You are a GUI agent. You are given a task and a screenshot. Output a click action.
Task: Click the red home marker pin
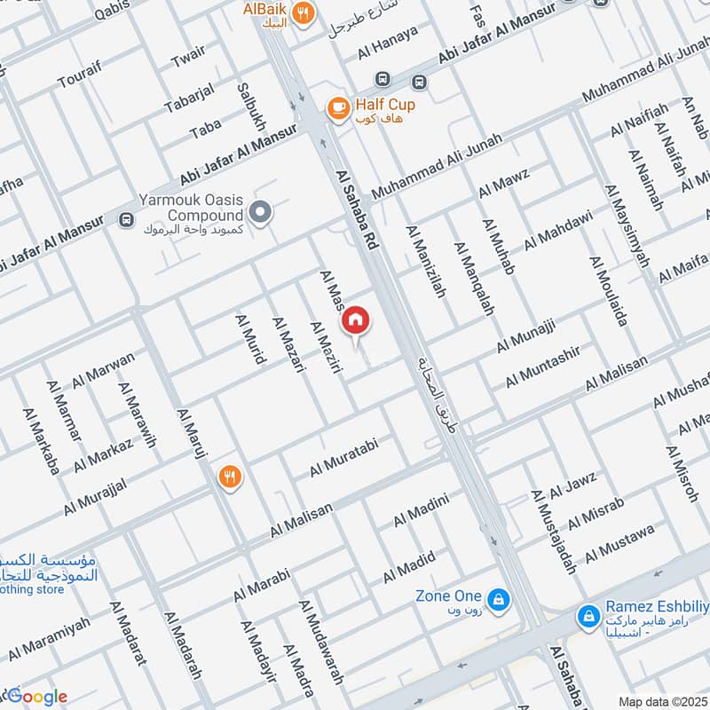(356, 320)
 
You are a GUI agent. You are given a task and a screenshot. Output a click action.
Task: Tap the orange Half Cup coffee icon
(337, 107)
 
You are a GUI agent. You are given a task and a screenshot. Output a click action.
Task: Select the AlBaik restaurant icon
(304, 13)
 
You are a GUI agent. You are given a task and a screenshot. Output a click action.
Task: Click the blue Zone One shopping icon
(498, 599)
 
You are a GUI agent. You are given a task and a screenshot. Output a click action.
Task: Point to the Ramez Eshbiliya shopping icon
(587, 614)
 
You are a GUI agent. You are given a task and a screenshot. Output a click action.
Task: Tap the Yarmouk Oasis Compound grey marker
(260, 211)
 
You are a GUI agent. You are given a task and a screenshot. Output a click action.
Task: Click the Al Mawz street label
(504, 182)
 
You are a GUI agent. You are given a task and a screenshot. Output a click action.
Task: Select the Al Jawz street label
(572, 486)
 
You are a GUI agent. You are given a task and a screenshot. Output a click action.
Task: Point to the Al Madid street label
(409, 567)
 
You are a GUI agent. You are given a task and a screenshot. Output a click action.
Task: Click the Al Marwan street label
(105, 370)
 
